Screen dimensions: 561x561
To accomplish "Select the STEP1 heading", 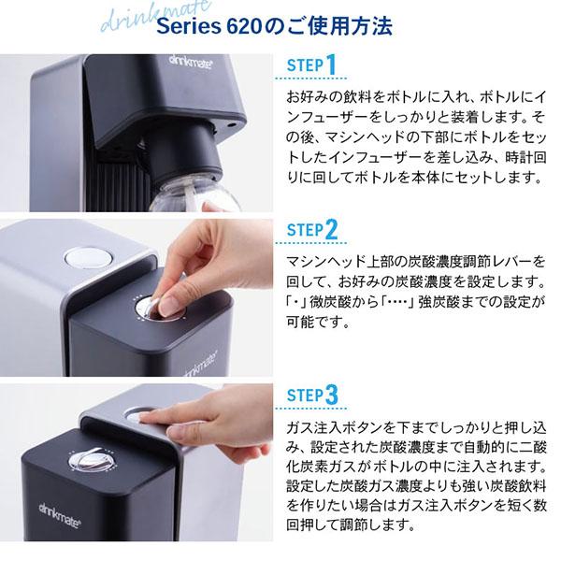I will [x=308, y=67].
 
